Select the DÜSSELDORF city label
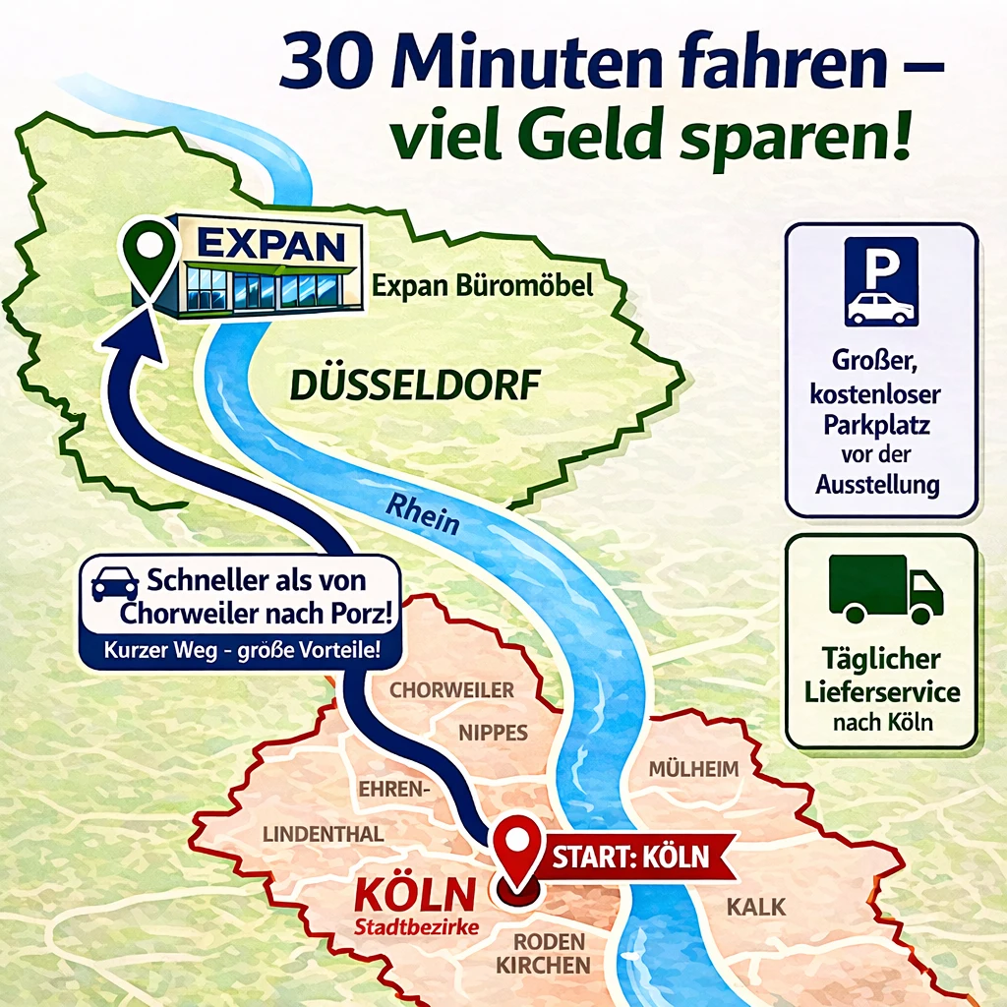(415, 385)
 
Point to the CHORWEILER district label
(451, 689)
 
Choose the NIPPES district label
(494, 732)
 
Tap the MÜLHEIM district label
(693, 769)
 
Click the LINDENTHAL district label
(323, 835)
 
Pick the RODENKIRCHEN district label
(543, 953)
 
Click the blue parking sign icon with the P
(881, 281)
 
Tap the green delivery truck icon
(885, 589)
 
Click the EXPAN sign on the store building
(270, 245)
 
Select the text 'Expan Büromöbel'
(482, 287)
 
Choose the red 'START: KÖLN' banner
(630, 856)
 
